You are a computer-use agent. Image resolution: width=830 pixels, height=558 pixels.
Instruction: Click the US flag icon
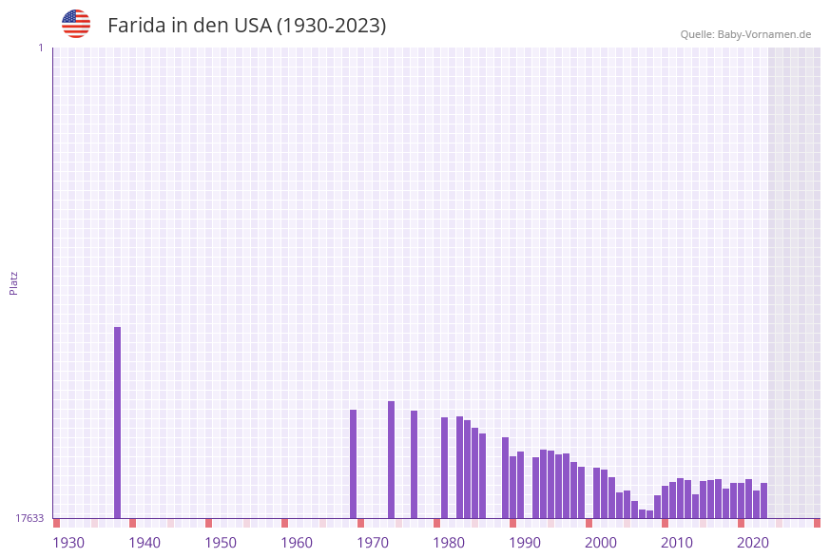tap(76, 24)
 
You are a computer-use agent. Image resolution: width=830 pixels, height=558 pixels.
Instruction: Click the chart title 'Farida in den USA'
tap(246, 26)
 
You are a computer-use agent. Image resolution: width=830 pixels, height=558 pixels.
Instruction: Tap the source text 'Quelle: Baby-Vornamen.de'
tap(745, 34)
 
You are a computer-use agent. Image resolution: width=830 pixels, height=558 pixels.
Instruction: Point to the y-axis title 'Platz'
tap(14, 282)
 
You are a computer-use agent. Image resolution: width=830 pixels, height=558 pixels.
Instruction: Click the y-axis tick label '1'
tap(40, 48)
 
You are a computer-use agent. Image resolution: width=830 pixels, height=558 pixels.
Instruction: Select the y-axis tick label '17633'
tap(29, 518)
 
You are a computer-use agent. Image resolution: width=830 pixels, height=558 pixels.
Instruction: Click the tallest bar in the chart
tap(118, 422)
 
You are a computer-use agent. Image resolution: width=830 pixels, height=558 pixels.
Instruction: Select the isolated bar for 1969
tap(354, 464)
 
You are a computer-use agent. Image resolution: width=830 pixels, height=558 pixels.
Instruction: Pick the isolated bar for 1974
tap(392, 459)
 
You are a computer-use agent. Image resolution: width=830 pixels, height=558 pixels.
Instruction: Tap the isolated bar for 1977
tap(415, 464)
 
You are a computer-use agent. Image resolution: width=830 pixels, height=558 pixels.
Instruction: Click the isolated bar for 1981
tap(445, 468)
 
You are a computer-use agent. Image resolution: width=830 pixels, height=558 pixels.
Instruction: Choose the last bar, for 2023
tap(764, 500)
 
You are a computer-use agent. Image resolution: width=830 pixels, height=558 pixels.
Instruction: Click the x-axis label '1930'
tap(68, 543)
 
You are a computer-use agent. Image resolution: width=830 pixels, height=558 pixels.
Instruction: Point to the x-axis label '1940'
tap(145, 543)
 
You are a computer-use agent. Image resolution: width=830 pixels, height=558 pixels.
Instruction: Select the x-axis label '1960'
tap(297, 543)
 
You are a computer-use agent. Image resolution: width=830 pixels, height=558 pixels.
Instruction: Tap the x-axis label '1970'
tap(373, 543)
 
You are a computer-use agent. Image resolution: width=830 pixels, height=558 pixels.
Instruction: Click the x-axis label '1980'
tap(449, 543)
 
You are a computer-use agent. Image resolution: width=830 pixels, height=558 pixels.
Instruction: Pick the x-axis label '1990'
tap(525, 543)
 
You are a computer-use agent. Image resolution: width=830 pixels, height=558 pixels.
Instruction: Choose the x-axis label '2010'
tap(677, 543)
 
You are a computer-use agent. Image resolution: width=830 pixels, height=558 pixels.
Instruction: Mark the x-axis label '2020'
tap(753, 543)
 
